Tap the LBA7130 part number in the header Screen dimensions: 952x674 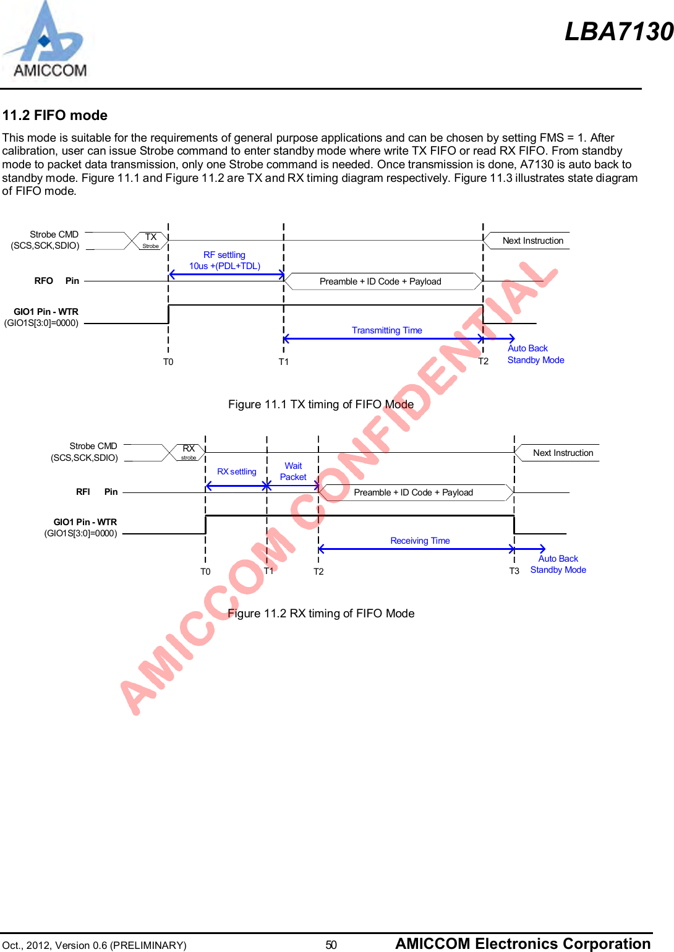(618, 32)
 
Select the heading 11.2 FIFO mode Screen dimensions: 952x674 (55, 115)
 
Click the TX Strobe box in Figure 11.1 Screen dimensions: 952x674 (151, 241)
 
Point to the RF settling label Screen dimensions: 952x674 (224, 255)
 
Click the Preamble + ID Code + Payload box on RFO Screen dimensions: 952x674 (380, 281)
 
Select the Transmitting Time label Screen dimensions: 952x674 (387, 330)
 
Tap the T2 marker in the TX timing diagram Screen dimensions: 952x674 (484, 361)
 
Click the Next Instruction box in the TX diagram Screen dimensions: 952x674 (532, 241)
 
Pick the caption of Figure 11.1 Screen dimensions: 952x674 (321, 405)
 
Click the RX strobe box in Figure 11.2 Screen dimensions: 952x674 (189, 452)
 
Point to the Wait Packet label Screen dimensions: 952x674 (293, 471)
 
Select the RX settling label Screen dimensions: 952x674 (237, 471)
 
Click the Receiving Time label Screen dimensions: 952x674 (420, 541)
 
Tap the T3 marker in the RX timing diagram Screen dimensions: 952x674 (514, 571)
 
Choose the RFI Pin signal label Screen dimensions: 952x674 (96, 492)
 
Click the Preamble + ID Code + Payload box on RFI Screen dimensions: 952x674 (413, 492)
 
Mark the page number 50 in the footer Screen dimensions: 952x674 (331, 945)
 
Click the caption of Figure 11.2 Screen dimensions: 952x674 (321, 614)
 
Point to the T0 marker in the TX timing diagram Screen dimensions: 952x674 (168, 362)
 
